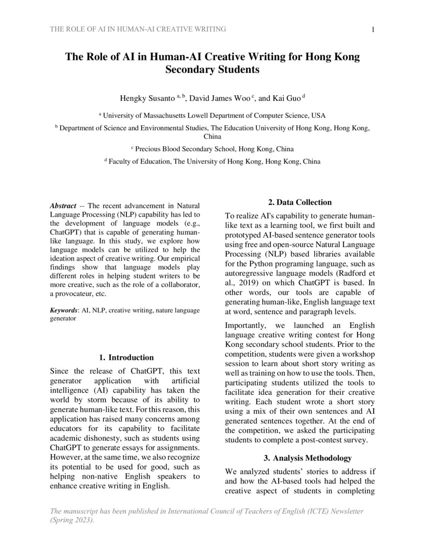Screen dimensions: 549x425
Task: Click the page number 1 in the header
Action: click(373, 29)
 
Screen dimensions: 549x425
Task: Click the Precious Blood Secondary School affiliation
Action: click(212, 149)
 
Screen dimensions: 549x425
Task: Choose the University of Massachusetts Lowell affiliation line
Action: click(212, 115)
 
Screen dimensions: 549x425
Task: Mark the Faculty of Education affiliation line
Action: click(212, 161)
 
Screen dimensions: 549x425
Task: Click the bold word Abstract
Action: click(63, 206)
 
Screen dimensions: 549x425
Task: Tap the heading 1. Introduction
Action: click(126, 357)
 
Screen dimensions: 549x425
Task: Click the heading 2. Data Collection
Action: click(299, 202)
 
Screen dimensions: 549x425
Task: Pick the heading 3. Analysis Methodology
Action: click(299, 458)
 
